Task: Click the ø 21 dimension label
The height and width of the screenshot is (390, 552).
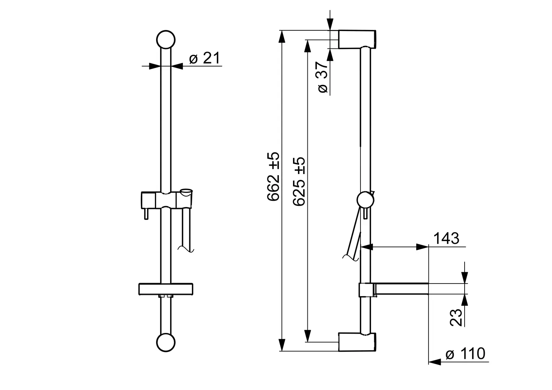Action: coord(204,58)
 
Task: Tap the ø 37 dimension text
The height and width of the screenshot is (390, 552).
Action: coord(323,77)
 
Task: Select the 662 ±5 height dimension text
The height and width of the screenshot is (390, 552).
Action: coord(273,176)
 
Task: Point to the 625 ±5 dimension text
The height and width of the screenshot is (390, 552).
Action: coord(299,181)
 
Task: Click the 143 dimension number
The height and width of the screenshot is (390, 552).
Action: coord(446,238)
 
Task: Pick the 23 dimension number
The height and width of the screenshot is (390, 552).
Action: coord(456,317)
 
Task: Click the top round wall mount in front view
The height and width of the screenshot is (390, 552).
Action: coord(166,40)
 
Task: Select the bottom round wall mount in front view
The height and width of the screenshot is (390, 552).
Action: coord(166,342)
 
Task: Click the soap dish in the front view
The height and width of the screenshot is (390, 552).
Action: coord(166,289)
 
